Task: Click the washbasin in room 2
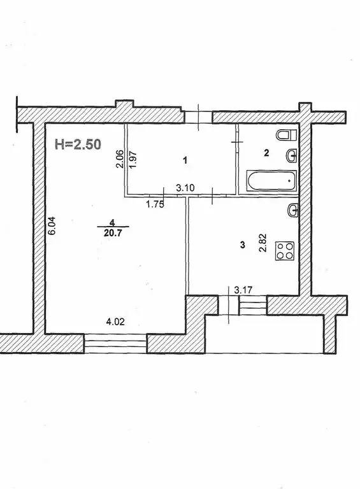pos(292,155)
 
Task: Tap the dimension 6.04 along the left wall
pos(54,227)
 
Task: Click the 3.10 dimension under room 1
pos(185,188)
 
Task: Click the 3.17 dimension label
pos(243,290)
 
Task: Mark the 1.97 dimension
pos(133,158)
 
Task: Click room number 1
pos(185,161)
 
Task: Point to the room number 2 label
pos(267,153)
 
